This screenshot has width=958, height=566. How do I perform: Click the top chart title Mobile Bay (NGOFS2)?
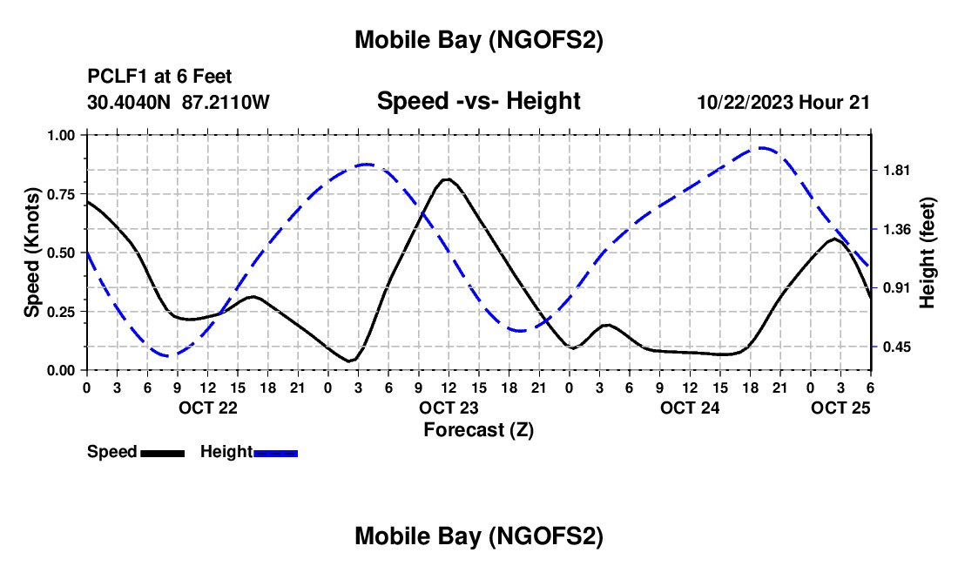(x=479, y=40)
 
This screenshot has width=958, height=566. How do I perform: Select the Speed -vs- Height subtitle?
(x=478, y=101)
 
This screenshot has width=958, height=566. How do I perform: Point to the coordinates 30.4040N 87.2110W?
(x=179, y=102)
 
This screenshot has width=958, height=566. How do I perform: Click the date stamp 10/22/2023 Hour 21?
(x=783, y=102)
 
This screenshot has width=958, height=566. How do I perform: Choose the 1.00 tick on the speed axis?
(x=64, y=135)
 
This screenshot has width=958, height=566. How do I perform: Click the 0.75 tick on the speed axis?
(x=64, y=193)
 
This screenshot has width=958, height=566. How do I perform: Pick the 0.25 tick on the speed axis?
(x=64, y=311)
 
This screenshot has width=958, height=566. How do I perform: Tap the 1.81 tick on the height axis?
(x=897, y=170)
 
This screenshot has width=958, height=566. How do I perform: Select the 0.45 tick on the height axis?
(x=897, y=347)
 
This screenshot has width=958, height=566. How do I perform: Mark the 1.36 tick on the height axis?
(x=897, y=229)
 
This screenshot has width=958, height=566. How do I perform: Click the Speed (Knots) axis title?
(x=31, y=253)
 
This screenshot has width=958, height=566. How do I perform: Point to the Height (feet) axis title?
(x=928, y=253)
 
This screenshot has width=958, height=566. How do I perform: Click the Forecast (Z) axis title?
(x=478, y=429)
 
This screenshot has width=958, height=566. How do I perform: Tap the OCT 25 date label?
(x=840, y=408)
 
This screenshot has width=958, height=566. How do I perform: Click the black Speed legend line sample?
(x=162, y=452)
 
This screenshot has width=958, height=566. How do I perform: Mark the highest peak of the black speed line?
(x=447, y=179)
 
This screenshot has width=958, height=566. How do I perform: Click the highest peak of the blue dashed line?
(x=763, y=148)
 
